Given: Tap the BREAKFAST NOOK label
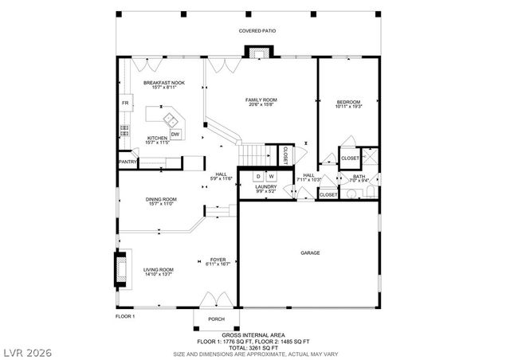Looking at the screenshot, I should coord(163,82).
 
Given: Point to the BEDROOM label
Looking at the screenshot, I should coord(348,102).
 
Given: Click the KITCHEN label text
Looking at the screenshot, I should coord(157,139).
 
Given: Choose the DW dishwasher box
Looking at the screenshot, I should coord(175,134).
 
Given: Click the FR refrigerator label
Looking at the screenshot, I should coord(125,104).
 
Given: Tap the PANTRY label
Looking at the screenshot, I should coord(128,162).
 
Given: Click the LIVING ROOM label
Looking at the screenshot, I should coord(159,270).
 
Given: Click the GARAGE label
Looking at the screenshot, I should coord(310,253).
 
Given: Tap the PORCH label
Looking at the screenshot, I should coord(216,319).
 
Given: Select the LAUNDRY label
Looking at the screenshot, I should coord(266,187).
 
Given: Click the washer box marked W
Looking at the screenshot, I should coord(271,175).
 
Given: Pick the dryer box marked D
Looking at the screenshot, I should coord(259,175).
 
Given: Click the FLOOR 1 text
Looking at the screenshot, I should coord(126,316).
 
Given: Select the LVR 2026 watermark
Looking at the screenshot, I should coord(24,349).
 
